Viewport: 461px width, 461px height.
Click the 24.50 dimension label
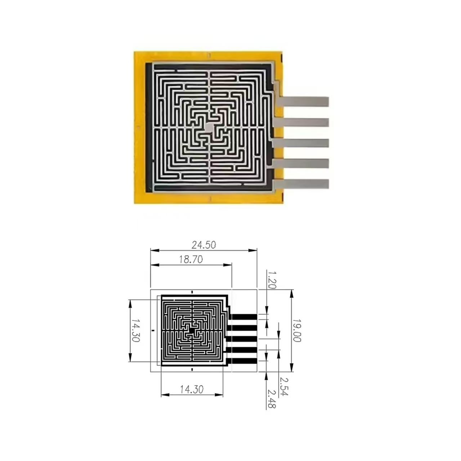tap(203, 245)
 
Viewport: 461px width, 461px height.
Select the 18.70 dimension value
tap(191, 259)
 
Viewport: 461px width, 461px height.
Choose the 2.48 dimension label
tap(272, 399)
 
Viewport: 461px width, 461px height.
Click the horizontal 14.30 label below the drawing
tap(192, 389)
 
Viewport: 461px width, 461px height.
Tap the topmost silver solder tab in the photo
tap(304, 102)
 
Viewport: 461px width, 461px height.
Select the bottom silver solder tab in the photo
tap(304, 184)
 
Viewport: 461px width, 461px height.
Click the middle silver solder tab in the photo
tap(304, 143)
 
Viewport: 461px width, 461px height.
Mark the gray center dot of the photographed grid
tap(209, 127)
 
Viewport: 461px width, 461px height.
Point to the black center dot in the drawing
tap(192, 330)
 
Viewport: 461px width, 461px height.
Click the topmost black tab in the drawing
tap(243, 317)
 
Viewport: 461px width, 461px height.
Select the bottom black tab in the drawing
tap(243, 361)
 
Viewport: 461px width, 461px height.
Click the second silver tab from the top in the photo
tap(304, 122)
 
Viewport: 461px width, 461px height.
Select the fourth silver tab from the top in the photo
tap(304, 164)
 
